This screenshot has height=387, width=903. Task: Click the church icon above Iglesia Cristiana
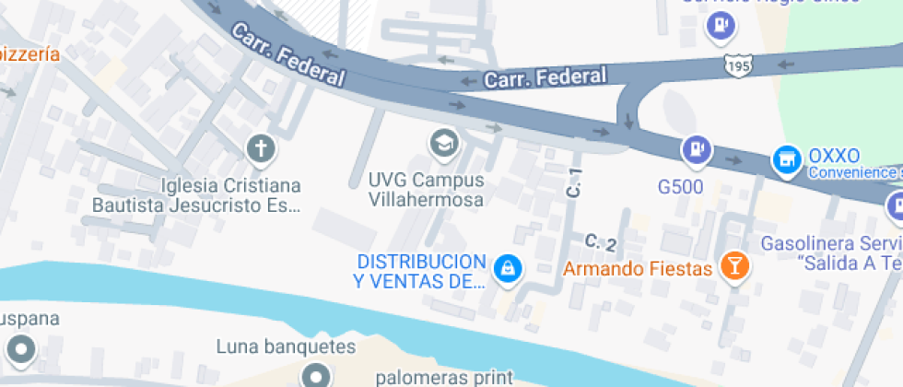(261, 148)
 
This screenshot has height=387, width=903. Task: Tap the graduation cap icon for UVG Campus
(445, 143)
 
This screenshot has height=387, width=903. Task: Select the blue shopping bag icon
(507, 269)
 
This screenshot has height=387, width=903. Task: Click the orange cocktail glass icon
(734, 267)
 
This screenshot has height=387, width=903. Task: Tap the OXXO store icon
(786, 159)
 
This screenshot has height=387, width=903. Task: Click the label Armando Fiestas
(638, 269)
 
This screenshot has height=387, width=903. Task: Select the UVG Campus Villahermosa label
(426, 189)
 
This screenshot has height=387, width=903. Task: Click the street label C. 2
(600, 242)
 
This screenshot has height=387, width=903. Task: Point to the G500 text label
(681, 187)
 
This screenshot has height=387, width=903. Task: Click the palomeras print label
(444, 378)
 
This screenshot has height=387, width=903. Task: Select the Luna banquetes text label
(286, 347)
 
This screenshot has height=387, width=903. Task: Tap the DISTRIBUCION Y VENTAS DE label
(420, 271)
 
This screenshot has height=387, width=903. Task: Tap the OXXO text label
(833, 155)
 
